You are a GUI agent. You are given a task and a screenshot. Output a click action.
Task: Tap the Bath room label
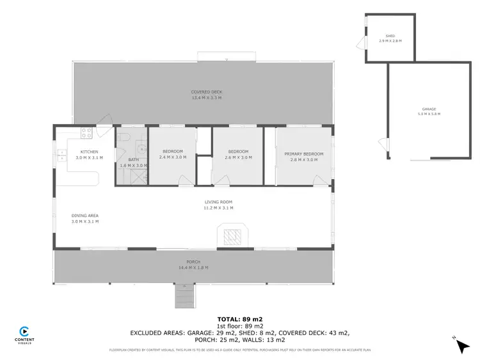pyautogui.click(x=133, y=160)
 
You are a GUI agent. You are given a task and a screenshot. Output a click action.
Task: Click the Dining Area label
pyautogui.click(x=84, y=216)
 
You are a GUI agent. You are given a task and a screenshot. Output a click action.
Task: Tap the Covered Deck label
pyautogui.click(x=206, y=93)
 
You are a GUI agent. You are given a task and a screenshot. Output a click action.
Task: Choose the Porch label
pyautogui.click(x=193, y=262)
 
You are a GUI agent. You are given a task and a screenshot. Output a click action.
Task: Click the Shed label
pyautogui.click(x=390, y=36)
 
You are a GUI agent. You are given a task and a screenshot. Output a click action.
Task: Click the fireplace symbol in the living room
pyautogui.click(x=231, y=235)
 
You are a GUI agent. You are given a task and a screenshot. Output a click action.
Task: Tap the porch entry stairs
pyautogui.click(x=184, y=295)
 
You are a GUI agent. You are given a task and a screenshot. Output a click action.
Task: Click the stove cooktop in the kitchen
pyautogui.click(x=86, y=133)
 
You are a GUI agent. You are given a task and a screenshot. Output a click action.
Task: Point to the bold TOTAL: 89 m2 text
pyautogui.click(x=240, y=318)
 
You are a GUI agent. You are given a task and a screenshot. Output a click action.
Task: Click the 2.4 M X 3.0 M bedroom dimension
pyautogui.click(x=172, y=157)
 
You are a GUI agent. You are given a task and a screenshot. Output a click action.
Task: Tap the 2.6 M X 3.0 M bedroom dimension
pyautogui.click(x=237, y=157)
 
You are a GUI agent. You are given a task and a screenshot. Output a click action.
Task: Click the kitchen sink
pyautogui.click(x=62, y=153)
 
